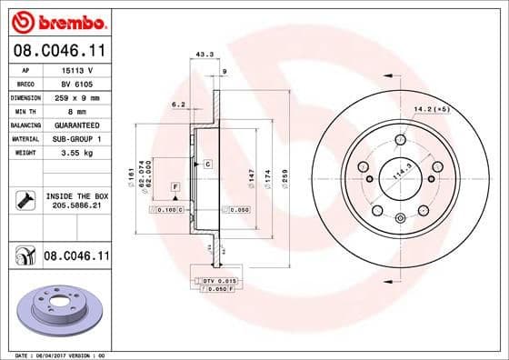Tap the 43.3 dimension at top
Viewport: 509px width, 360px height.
coord(205,55)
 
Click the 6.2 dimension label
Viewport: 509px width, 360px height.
coord(178,105)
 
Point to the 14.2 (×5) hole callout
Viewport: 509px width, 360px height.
coord(433,110)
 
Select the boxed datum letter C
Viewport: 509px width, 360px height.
coord(207,164)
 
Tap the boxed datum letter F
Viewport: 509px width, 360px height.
coord(174,186)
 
